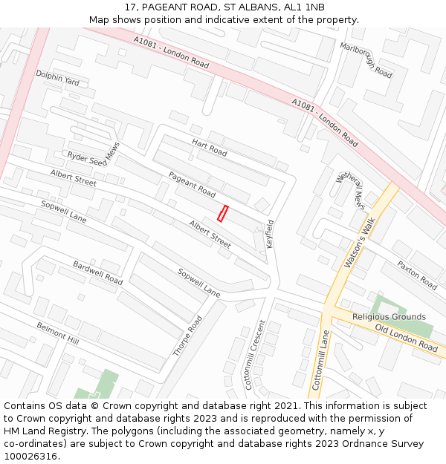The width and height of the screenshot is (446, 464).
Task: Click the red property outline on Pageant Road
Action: [222, 213]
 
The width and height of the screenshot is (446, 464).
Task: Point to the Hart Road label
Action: [209, 147]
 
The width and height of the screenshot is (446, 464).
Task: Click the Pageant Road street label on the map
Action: [192, 184]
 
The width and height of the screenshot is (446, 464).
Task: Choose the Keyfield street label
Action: [270, 234]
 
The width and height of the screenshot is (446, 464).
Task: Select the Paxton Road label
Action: [416, 275]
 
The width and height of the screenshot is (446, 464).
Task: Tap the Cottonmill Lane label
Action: [320, 361]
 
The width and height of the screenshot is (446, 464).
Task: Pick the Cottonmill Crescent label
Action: [254, 355]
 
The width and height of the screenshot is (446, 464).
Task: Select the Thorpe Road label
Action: [187, 336]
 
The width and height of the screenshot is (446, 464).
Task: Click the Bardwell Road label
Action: [97, 272]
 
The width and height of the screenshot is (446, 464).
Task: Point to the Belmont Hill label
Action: [57, 333]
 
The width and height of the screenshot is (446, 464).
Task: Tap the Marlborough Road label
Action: [366, 60]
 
